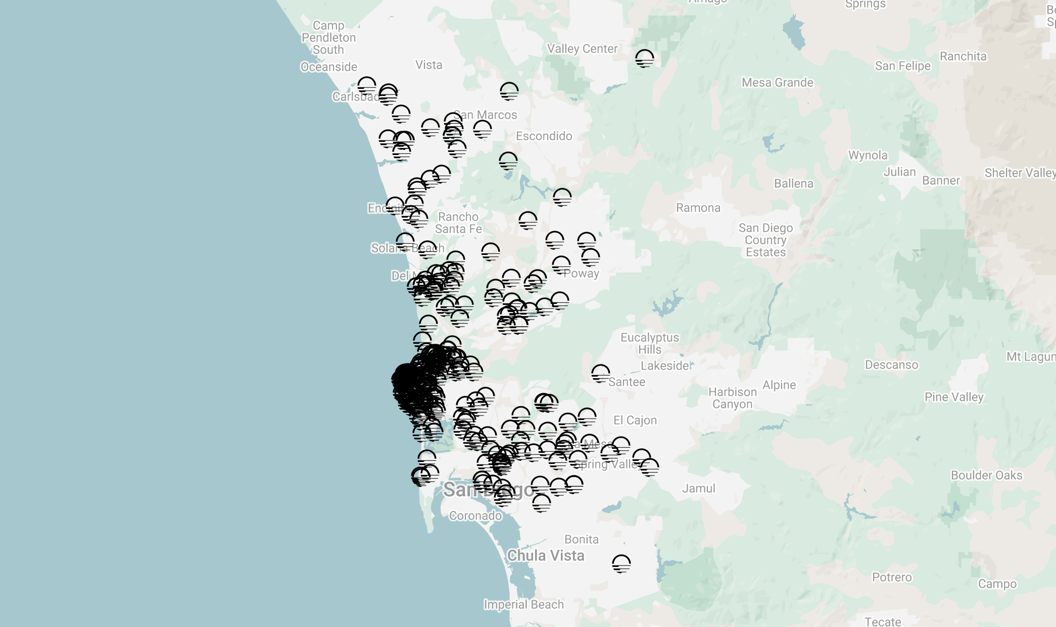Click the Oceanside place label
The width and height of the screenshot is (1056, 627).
tap(329, 67)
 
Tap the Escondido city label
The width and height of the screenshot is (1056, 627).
tap(544, 136)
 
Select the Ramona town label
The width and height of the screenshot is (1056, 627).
tap(698, 207)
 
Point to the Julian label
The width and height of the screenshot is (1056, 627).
tap(899, 172)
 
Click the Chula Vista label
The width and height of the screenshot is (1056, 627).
tap(546, 555)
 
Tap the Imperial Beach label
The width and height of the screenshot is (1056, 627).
tap(523, 604)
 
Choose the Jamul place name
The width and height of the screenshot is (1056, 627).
tap(699, 488)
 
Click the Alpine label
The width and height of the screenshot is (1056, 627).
tap(779, 385)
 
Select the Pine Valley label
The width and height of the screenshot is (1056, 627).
tap(954, 397)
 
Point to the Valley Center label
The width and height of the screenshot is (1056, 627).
tap(582, 48)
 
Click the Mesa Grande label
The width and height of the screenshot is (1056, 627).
tap(777, 82)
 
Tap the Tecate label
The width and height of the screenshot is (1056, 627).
tap(883, 621)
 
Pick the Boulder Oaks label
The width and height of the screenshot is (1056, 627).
tap(986, 475)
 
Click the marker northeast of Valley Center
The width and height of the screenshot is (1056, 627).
tap(644, 58)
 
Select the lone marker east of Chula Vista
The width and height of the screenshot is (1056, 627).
tap(621, 563)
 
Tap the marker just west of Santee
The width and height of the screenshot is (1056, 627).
tap(600, 374)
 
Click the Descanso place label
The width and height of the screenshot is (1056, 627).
tap(891, 364)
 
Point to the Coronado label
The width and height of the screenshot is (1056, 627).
tap(475, 515)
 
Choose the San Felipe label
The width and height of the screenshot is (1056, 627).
tap(902, 66)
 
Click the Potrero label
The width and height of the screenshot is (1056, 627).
tap(892, 577)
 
